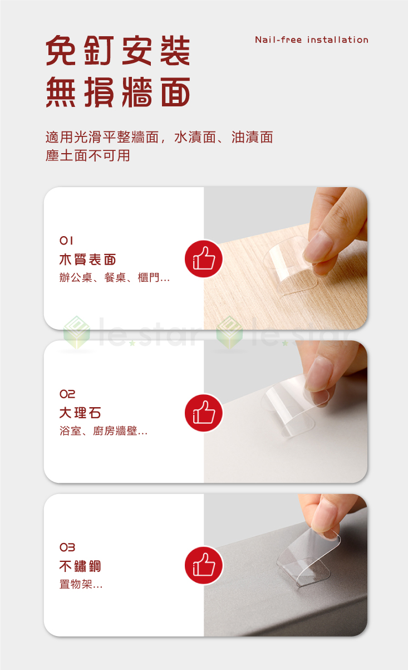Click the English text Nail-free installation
coord(312,40)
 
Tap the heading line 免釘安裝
coord(118,51)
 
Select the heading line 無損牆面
coord(118,92)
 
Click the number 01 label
coord(67,241)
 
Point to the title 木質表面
coord(88,260)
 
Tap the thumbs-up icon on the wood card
coord(204,260)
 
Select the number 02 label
coord(67,394)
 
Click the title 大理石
coord(80,413)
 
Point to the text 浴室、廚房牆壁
coord(104,431)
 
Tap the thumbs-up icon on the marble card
coord(204,413)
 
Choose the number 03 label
coord(67,548)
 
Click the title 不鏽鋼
coord(80,566)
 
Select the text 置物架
coord(81,584)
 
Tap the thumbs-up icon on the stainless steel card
coord(204,566)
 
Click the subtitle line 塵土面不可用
coord(88,156)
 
